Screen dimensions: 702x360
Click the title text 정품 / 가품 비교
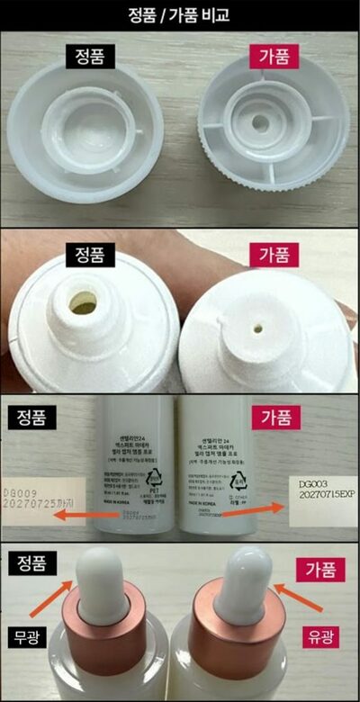[179, 13]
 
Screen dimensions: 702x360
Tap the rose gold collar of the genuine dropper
[103, 621]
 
